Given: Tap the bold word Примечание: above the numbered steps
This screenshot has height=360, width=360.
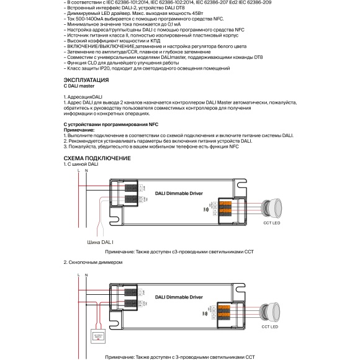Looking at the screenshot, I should tap(81, 129).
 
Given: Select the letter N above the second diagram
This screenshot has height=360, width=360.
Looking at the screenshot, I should tap(86, 274).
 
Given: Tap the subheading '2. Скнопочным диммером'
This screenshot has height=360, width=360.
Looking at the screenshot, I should tap(90, 263).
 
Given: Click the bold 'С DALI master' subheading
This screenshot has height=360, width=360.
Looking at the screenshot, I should tap(79, 86).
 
